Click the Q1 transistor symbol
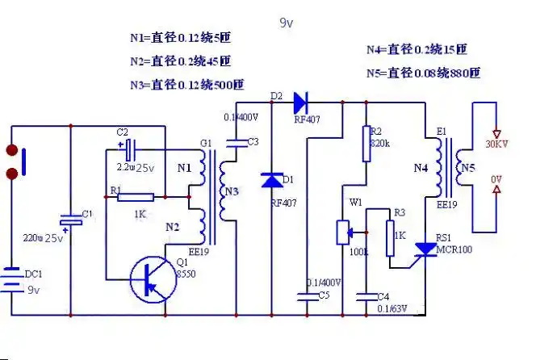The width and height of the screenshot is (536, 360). (x=151, y=280)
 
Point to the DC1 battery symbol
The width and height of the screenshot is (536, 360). (x=11, y=281)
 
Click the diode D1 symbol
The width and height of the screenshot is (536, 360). (x=271, y=181)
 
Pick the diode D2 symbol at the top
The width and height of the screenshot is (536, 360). (x=303, y=103)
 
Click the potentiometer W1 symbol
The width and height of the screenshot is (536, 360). (x=343, y=232)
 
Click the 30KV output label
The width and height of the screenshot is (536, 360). (x=496, y=144)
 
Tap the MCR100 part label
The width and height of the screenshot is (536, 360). (x=454, y=249)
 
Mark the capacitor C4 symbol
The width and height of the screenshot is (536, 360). (x=367, y=295)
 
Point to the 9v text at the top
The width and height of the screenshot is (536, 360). (x=286, y=24)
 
